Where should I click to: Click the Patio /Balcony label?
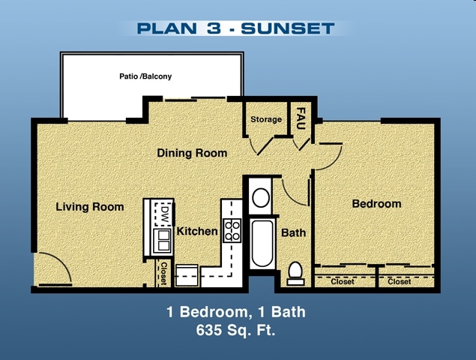[x=145, y=76]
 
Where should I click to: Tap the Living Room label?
[x=90, y=207]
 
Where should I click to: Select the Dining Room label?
[x=192, y=153]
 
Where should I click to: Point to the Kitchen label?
[x=197, y=232]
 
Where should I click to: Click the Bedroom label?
[x=376, y=203]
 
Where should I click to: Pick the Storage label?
[x=266, y=119]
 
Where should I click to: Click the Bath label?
[x=293, y=232]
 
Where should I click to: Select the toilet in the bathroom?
[x=295, y=271]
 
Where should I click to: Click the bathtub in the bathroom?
[x=262, y=242]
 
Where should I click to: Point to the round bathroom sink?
[x=261, y=198]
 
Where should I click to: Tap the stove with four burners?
[x=232, y=229]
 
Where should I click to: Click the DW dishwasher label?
[x=163, y=215]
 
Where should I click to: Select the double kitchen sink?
[x=163, y=240]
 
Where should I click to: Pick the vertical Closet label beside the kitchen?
[x=163, y=274]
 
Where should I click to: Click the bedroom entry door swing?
[x=328, y=155]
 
